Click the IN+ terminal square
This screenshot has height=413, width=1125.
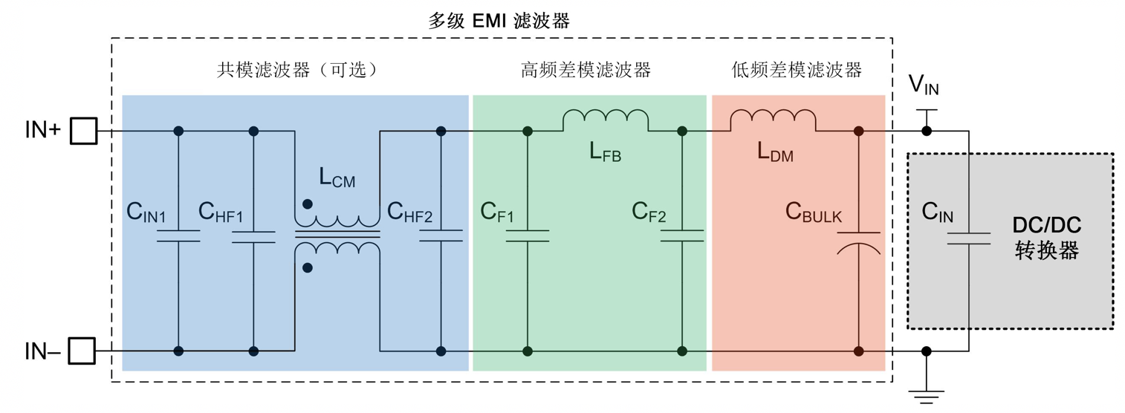[x=83, y=131]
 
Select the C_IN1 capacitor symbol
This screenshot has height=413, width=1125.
[x=178, y=235]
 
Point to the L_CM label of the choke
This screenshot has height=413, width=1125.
[x=337, y=178]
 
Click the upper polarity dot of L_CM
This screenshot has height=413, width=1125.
[x=308, y=204]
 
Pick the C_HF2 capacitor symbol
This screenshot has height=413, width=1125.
[x=441, y=235]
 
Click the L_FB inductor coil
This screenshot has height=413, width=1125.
[x=606, y=120]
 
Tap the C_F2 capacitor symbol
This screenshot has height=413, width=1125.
[x=682, y=235]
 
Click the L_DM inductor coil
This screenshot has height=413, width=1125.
[x=773, y=120]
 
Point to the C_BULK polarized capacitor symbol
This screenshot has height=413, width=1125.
[x=858, y=242]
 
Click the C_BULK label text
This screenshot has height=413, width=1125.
[x=814, y=213]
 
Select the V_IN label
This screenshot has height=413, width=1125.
[x=924, y=87]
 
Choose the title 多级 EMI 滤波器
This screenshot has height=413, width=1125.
[x=499, y=21]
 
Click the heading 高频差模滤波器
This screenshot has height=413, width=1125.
[x=586, y=71]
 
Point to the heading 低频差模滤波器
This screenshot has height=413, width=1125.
[x=797, y=71]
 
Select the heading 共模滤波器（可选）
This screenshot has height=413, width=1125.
[x=298, y=71]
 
